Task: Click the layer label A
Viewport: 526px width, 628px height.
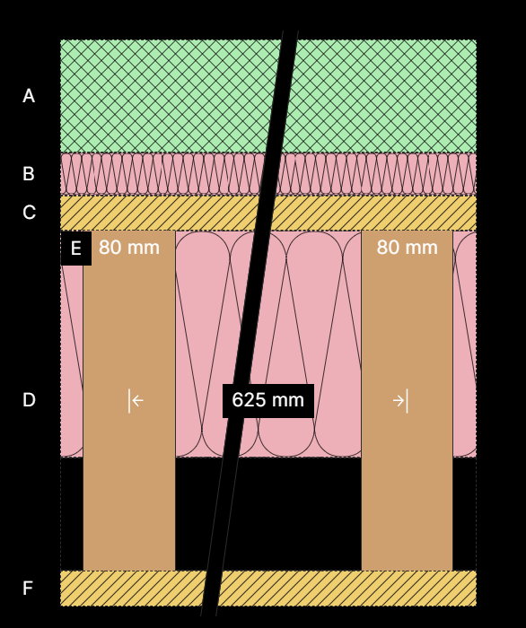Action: [x=29, y=96]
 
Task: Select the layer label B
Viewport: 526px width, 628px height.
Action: [x=29, y=174]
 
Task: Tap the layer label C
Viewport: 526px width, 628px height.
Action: [x=29, y=213]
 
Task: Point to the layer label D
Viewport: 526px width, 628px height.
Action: [x=29, y=400]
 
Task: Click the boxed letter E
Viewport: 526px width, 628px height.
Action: [x=76, y=249]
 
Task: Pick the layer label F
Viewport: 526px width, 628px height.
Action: [x=28, y=588]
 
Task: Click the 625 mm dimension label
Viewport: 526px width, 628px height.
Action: [x=268, y=400]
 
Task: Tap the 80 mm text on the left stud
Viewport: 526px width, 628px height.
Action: [x=129, y=247]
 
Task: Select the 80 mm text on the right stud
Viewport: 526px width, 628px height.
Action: [x=407, y=247]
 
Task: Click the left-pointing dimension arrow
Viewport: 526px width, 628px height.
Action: [x=136, y=400]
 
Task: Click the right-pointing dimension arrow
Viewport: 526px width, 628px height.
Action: [x=400, y=400]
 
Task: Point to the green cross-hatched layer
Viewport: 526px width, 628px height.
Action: [x=268, y=96]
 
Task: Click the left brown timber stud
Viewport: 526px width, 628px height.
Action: [x=129, y=400]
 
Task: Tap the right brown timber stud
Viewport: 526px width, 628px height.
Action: [x=407, y=400]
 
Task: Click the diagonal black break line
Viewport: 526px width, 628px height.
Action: [x=250, y=323]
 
